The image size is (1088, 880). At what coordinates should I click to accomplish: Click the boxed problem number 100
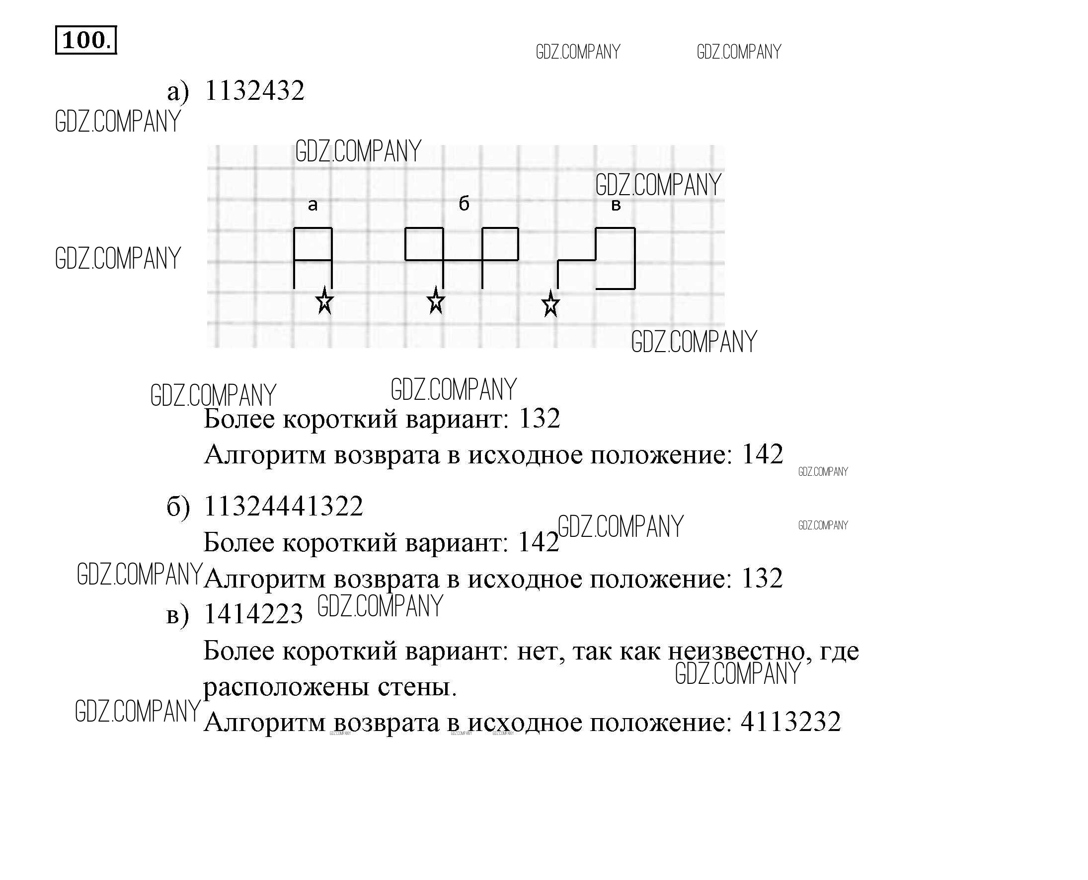click(x=85, y=40)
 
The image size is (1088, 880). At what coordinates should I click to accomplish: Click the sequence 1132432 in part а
click(x=254, y=91)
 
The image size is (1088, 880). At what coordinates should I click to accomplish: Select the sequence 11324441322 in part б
click(x=283, y=506)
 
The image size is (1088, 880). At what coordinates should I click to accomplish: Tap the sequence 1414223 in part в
click(x=253, y=614)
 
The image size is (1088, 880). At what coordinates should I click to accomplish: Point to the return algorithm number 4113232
click(x=791, y=722)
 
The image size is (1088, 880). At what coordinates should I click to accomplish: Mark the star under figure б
click(x=436, y=300)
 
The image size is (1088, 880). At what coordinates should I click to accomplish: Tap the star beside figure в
click(x=550, y=304)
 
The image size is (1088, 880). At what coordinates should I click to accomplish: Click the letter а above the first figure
click(x=313, y=205)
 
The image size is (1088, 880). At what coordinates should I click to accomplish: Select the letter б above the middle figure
click(x=464, y=203)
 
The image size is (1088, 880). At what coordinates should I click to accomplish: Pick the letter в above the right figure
click(x=616, y=205)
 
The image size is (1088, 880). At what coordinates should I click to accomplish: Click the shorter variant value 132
click(x=540, y=419)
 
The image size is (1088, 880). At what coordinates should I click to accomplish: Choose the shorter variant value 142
click(x=539, y=542)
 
